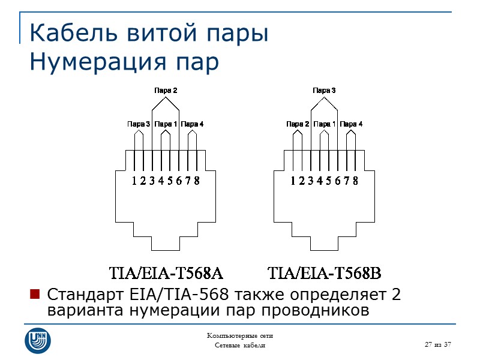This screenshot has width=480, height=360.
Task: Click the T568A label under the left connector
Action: tap(166, 274)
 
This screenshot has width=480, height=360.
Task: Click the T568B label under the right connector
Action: tap(325, 274)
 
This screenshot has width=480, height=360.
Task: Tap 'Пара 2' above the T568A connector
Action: tap(166, 91)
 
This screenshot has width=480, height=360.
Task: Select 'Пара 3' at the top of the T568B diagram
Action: tap(324, 91)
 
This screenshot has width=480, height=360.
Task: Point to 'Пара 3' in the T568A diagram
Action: tap(139, 124)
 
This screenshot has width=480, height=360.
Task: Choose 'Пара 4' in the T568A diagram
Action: tap(193, 124)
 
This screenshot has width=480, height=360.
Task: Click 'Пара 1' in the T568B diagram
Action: tap(325, 124)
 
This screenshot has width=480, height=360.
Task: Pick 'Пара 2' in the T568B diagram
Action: tap(298, 124)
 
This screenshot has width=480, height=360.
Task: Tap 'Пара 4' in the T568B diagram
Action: tap(352, 124)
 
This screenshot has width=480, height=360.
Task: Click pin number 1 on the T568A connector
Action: tap(134, 181)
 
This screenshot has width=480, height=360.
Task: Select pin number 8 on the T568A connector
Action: tap(197, 181)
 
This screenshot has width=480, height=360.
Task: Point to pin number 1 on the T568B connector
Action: tap(293, 181)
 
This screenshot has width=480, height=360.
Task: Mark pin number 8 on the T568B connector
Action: tap(356, 181)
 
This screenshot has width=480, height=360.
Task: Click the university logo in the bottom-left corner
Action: tap(37, 340)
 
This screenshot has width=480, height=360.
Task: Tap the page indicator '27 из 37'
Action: tap(437, 344)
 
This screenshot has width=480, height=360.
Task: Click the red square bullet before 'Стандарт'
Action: tap(35, 294)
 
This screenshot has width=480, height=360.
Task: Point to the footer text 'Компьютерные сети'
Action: tap(239, 335)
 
